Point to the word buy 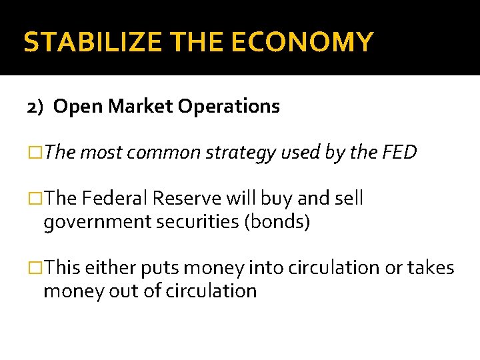273,199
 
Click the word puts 157,268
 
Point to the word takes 429,268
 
